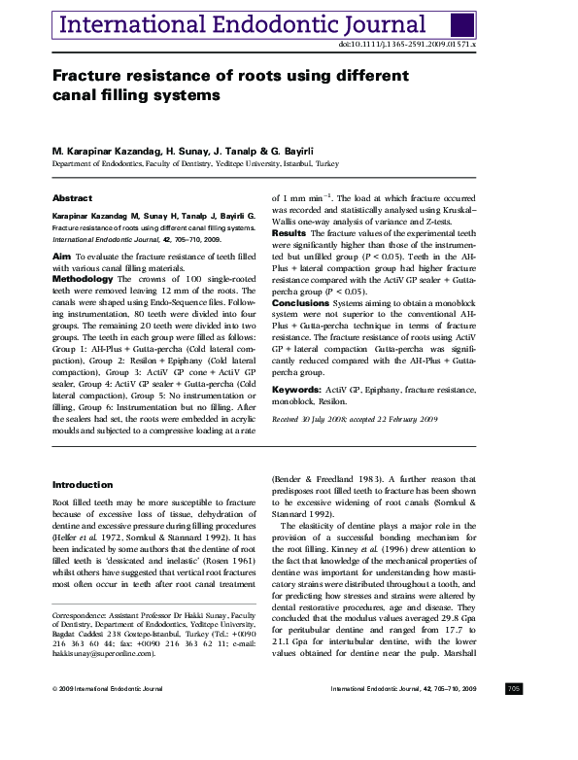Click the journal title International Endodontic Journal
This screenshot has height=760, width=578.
[x=245, y=24]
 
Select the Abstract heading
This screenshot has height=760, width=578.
[x=73, y=198]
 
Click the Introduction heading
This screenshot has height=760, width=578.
[x=83, y=484]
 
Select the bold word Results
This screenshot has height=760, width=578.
[x=289, y=233]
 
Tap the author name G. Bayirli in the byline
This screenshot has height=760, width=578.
[x=313, y=151]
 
